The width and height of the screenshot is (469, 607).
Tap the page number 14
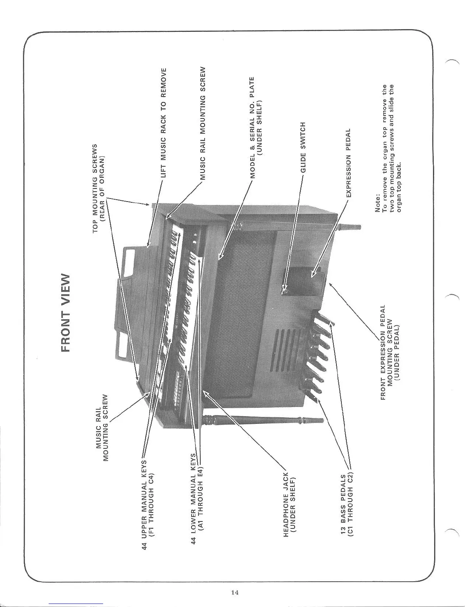tap(235, 592)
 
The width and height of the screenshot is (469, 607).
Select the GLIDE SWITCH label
tap(303, 147)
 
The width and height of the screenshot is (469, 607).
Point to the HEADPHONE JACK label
tap(289, 502)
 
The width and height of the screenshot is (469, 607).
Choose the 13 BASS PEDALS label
tap(346, 505)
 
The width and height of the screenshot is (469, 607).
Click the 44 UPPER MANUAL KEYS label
tap(148, 504)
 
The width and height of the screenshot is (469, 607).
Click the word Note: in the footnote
tap(377, 203)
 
